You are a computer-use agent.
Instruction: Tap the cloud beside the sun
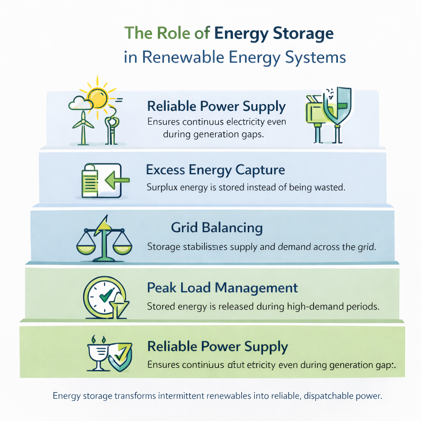(80, 103)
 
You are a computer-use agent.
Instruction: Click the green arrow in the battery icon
(117, 180)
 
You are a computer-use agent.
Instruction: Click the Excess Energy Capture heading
(215, 169)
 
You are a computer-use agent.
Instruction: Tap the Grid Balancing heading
(217, 227)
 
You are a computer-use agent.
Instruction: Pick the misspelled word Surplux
(161, 187)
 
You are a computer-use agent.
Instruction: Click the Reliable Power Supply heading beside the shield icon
(217, 346)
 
